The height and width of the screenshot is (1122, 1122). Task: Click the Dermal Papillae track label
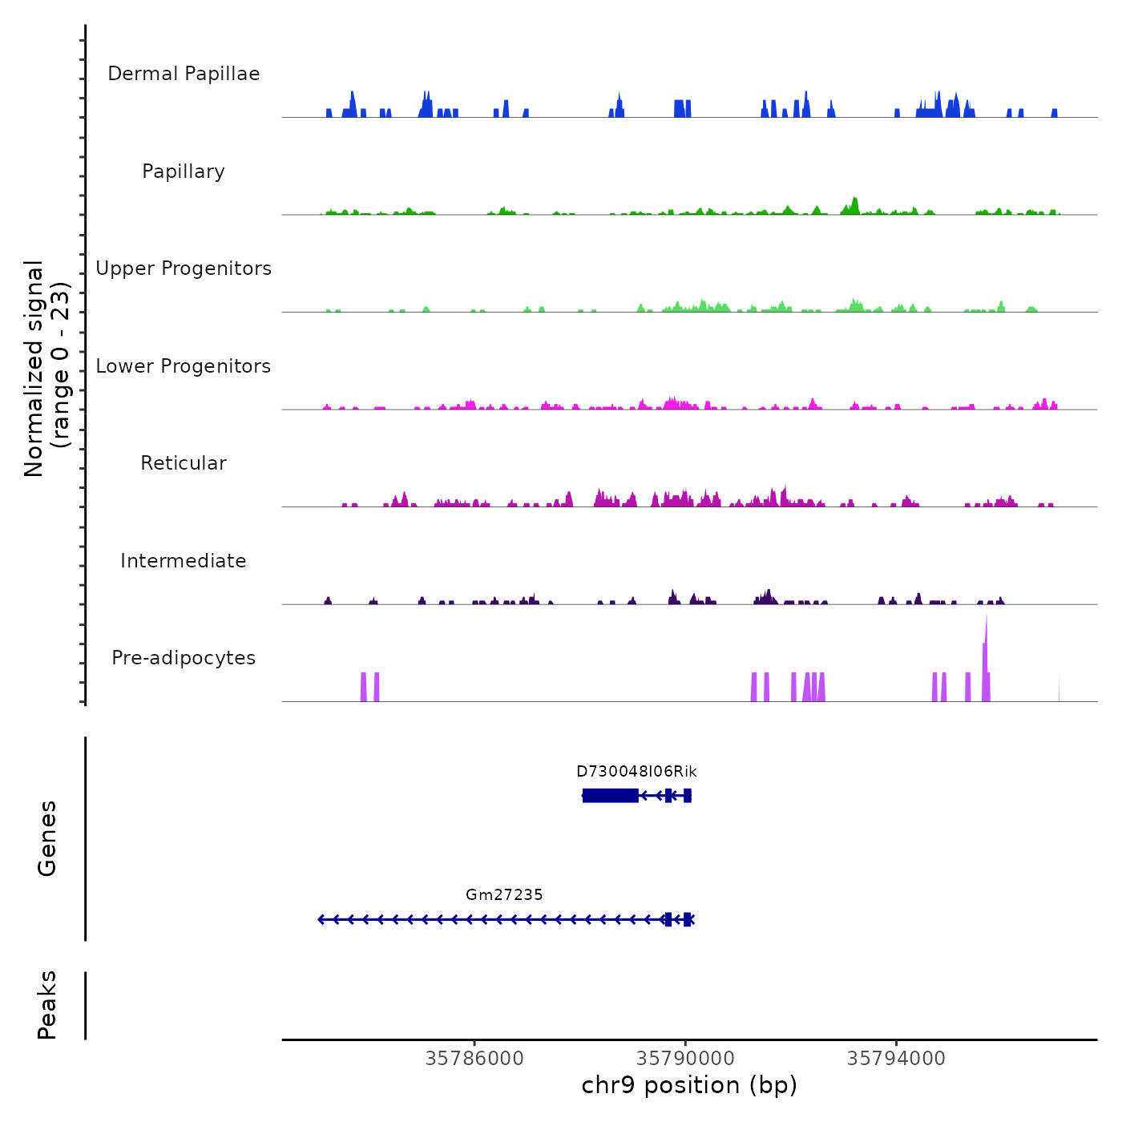184,74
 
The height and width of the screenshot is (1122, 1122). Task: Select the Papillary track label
184,172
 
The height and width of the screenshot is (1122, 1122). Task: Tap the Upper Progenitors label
184,268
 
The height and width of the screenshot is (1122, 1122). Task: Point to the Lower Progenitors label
184,366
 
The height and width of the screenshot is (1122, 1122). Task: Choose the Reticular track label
184,463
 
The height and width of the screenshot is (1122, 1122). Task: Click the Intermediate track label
184,561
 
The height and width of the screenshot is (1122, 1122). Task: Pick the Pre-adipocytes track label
184,658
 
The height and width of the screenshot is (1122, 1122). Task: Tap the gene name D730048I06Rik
636,772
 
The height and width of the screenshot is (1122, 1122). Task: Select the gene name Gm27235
504,895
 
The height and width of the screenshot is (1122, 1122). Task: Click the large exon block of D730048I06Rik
611,795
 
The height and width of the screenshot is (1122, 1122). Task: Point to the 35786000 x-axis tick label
474,1059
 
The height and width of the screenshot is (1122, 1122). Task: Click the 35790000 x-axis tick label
685,1059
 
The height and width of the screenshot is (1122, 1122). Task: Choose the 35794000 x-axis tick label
896,1059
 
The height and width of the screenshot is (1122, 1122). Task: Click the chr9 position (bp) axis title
689,1085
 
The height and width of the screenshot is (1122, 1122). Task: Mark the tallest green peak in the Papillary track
854,204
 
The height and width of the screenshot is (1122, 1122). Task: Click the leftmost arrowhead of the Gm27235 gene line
321,919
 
